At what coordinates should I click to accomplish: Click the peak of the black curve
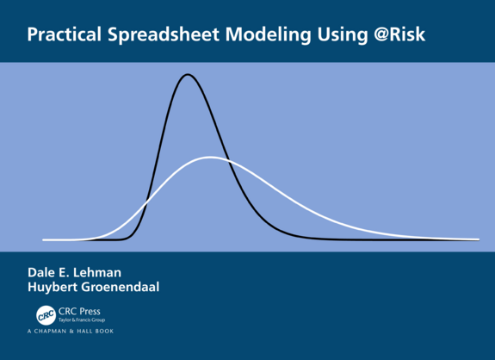pyautogui.click(x=188, y=75)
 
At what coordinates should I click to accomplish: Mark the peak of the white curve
pyautogui.click(x=210, y=158)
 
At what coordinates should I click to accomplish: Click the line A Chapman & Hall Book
pyautogui.click(x=70, y=332)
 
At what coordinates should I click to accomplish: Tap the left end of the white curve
pyautogui.click(x=44, y=239)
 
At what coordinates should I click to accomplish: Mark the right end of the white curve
pyautogui.click(x=478, y=239)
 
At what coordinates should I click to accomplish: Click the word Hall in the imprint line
pyautogui.click(x=87, y=332)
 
